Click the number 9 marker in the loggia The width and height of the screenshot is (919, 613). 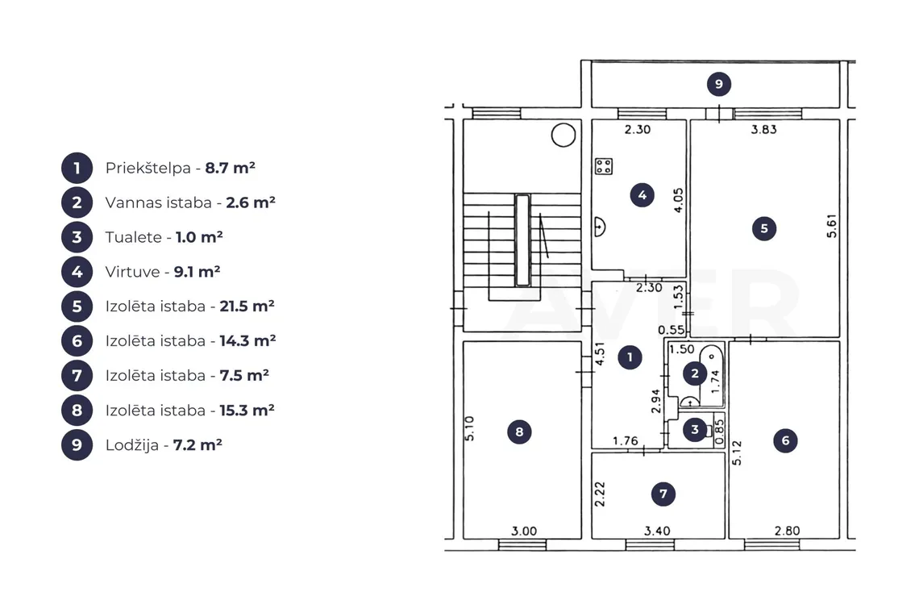point(718,84)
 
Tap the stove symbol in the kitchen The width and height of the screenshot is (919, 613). point(604,166)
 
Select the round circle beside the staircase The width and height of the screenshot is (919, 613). point(563,135)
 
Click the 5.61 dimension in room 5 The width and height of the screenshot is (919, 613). point(832,226)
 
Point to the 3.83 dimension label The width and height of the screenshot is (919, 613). point(763,129)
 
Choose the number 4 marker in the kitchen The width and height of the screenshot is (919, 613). point(642,195)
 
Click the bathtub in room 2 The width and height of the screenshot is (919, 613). point(711,376)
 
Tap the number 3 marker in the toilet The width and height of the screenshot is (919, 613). point(695,429)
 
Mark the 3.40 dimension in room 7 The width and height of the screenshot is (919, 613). point(657,531)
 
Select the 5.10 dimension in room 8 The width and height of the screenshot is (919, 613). point(469,428)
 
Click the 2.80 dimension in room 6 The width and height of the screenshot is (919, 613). point(787,531)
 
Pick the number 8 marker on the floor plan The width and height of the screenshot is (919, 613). point(519,432)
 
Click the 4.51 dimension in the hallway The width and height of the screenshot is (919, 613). point(600,354)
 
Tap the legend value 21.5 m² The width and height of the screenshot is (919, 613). point(247,306)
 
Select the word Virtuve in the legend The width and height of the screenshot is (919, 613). point(132,272)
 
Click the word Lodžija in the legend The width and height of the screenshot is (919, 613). point(132,445)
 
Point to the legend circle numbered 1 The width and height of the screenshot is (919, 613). point(77,169)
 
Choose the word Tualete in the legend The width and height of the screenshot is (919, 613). point(134,237)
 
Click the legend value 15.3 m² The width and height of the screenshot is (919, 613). point(247,410)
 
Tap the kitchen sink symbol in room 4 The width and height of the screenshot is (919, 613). point(599,227)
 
